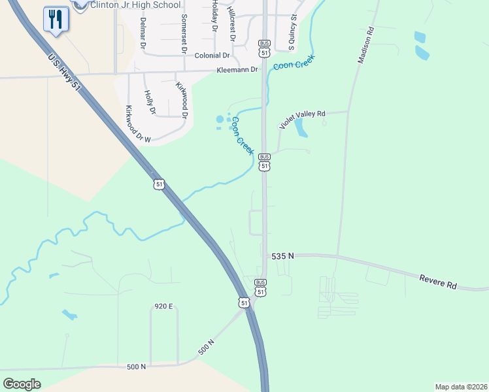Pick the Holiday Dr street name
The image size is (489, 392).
tap(214, 17)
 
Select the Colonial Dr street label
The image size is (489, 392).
tap(213, 56)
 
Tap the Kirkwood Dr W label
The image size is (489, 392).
tap(138, 124)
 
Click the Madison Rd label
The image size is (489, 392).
tap(365, 44)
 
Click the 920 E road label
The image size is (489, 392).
tap(164, 306)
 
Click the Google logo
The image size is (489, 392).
tap(22, 384)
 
